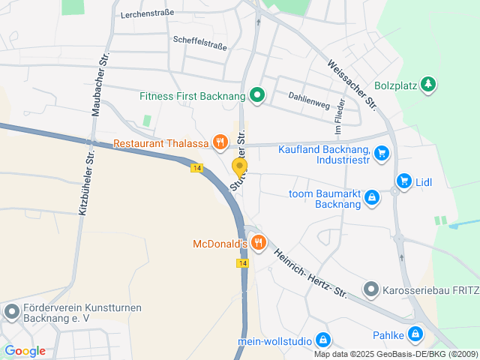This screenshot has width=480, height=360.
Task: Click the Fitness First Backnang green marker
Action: tap(257, 95)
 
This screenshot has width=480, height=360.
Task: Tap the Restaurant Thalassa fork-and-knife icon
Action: tap(220, 141)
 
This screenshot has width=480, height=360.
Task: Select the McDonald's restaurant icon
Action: tap(259, 241)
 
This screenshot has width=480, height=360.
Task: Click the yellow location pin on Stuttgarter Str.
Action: tap(239, 168)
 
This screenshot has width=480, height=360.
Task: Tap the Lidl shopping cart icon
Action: tap(404, 181)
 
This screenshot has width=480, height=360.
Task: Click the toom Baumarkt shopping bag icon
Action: tap(371, 197)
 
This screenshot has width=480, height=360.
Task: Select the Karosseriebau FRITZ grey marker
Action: tap(371, 289)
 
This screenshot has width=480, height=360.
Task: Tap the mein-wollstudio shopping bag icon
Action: tap(323, 340)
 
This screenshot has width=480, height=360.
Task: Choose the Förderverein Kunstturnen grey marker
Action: tap(12, 311)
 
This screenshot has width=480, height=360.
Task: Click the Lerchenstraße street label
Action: tap(147, 13)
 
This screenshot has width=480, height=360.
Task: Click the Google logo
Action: tap(25, 351)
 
